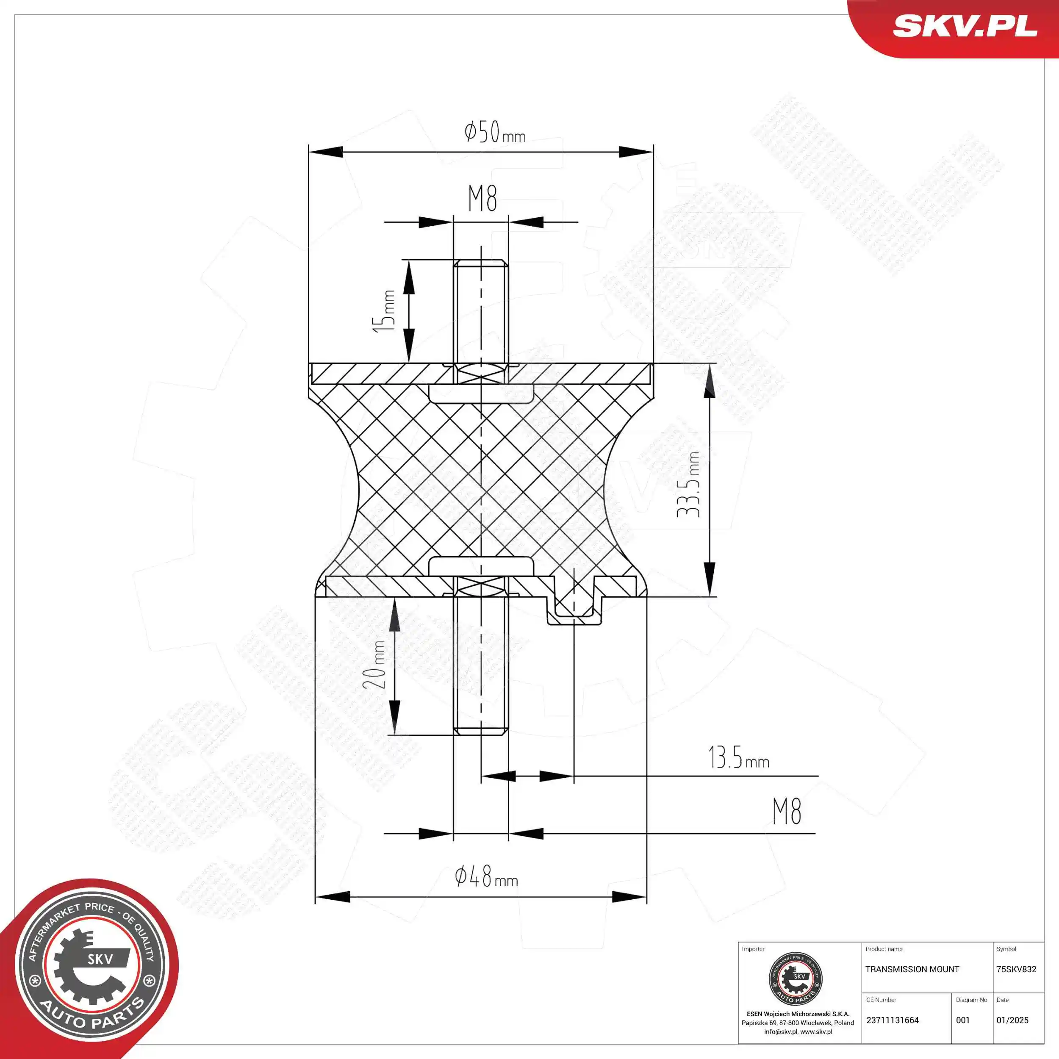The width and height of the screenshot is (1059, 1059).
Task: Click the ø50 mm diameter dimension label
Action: pyautogui.click(x=494, y=133)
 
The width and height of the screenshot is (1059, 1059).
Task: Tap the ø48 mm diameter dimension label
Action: pyautogui.click(x=486, y=877)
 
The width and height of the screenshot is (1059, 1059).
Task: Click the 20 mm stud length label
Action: pyautogui.click(x=375, y=665)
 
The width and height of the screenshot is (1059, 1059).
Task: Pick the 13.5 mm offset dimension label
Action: pyautogui.click(x=738, y=758)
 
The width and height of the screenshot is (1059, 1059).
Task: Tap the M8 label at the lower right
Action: pyautogui.click(x=787, y=812)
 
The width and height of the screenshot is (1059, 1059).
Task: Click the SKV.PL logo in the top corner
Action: pyautogui.click(x=965, y=26)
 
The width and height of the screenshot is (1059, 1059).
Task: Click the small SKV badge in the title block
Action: pyautogui.click(x=796, y=979)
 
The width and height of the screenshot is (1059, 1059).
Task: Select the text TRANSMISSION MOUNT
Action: pyautogui.click(x=912, y=969)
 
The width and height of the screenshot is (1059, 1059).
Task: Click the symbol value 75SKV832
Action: pyautogui.click(x=1016, y=969)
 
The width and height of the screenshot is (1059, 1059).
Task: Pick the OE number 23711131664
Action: pyautogui.click(x=893, y=1020)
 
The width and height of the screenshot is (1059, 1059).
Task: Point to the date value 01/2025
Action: pyautogui.click(x=1012, y=1020)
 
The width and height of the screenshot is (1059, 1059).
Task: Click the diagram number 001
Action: pyautogui.click(x=963, y=1020)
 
